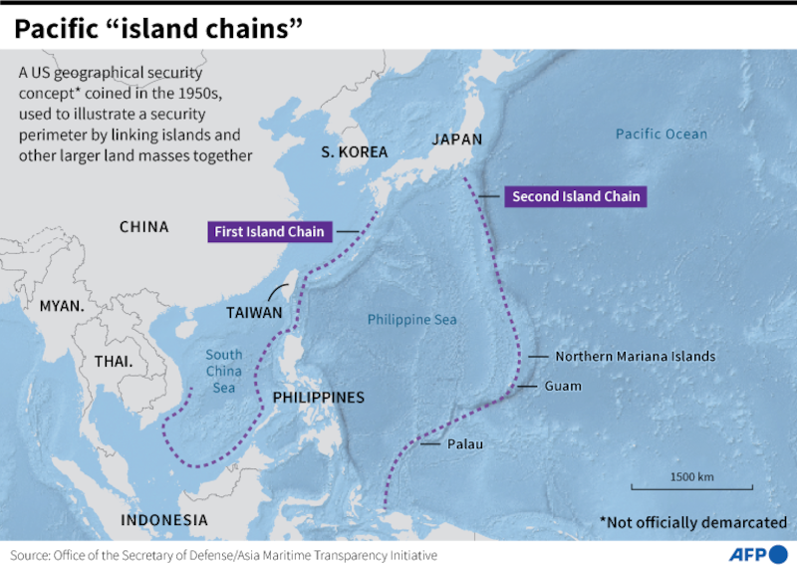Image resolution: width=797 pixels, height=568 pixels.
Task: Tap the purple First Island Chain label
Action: point(269,232)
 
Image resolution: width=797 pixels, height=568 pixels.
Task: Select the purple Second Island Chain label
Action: point(576,196)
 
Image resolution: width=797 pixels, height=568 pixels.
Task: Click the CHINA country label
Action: point(144,227)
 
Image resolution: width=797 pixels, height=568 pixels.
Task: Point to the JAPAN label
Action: point(456,140)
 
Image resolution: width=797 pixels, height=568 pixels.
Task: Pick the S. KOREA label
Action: point(354,152)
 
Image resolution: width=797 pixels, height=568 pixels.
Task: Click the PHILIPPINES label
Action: point(319,398)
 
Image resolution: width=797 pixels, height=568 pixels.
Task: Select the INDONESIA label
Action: point(164,520)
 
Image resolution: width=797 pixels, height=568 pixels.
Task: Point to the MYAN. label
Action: point(62,306)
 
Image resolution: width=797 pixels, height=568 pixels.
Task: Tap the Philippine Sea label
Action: point(411,320)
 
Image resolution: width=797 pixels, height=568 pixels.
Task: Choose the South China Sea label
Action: point(224,371)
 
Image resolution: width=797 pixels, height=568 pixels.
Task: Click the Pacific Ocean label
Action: point(661,134)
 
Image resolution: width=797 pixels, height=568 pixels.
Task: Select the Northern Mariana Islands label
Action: point(636,356)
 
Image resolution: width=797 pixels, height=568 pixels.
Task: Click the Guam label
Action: point(563,386)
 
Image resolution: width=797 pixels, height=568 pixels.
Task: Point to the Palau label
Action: point(464,443)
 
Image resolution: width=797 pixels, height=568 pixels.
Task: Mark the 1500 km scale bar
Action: point(691,486)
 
